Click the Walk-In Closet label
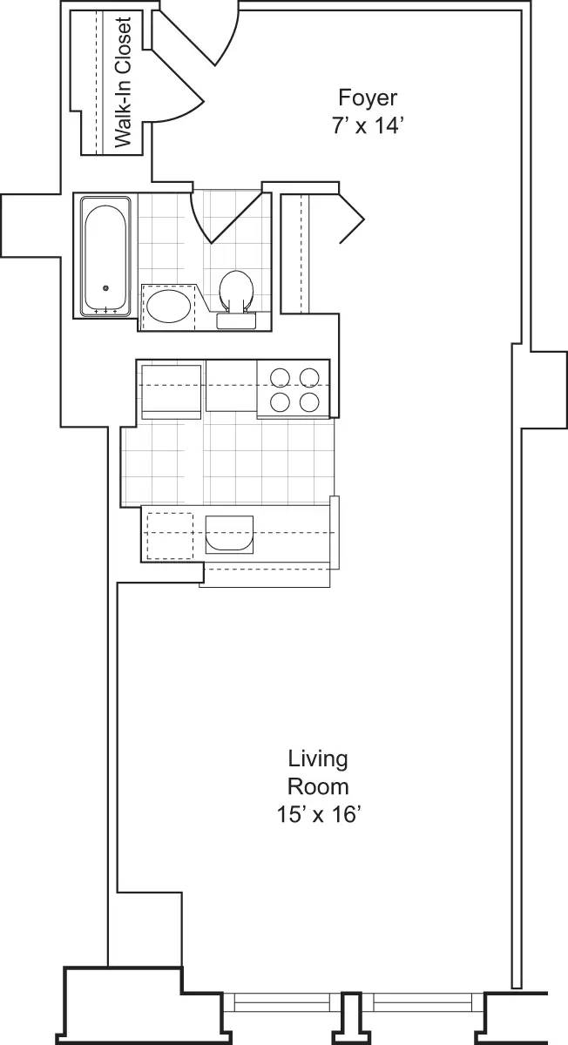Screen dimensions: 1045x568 [123, 83]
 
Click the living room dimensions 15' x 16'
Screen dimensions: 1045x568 [318, 815]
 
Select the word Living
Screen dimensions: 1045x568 [318, 758]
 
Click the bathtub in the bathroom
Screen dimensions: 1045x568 [105, 256]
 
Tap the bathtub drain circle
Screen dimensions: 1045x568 [105, 288]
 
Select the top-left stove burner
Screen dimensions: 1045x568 [281, 377]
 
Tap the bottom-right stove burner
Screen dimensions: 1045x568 [308, 402]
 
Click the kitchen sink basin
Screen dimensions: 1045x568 [229, 534]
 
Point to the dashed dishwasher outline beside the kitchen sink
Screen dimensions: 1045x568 [169, 534]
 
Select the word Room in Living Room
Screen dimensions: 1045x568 [318, 786]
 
